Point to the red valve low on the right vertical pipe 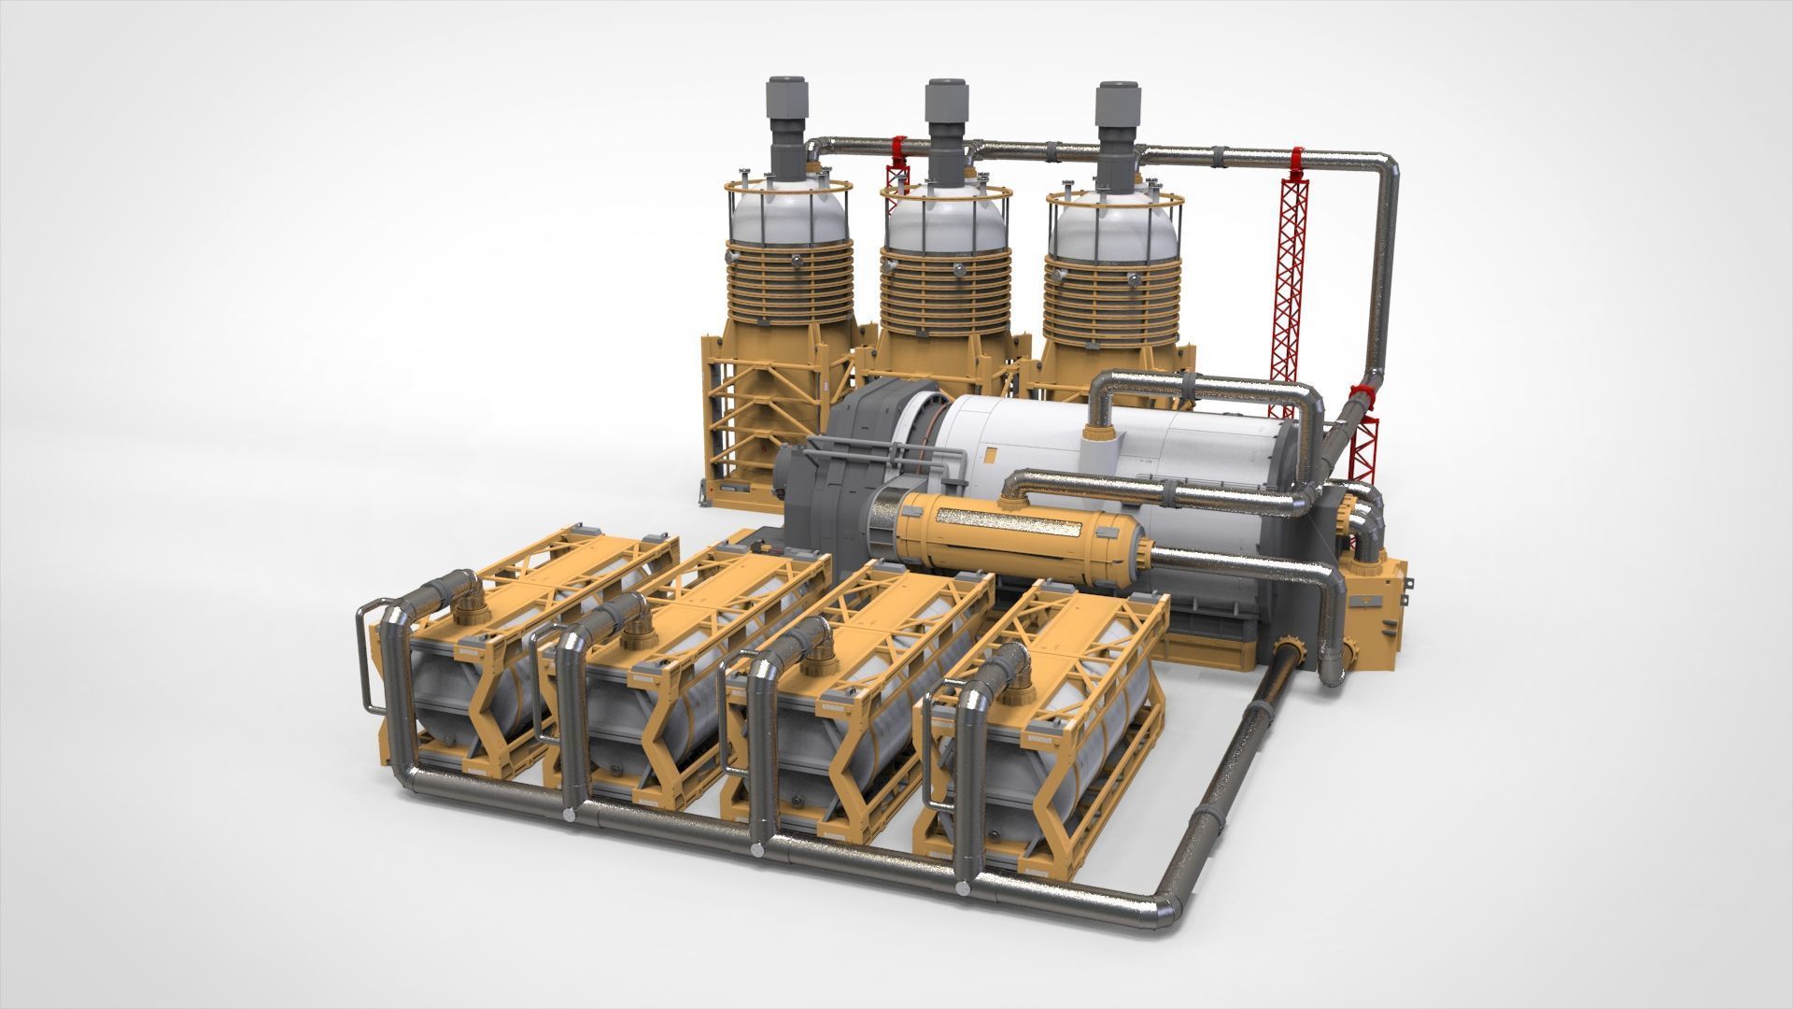pyautogui.click(x=1364, y=397)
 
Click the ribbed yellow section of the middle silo pyautogui.click(x=947, y=299)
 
